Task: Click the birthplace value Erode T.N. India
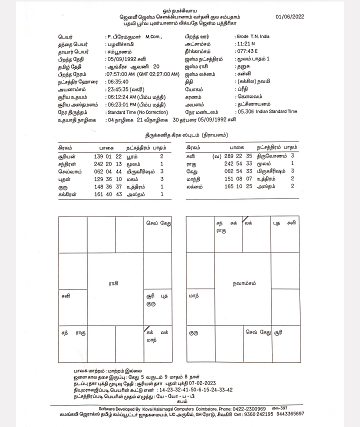pyautogui.click(x=259, y=37)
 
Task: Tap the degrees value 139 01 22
pyautogui.click(x=108, y=156)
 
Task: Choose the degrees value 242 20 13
pyautogui.click(x=108, y=164)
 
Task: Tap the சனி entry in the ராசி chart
pyautogui.click(x=66, y=296)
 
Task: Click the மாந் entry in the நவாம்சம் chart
pyautogui.click(x=194, y=296)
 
